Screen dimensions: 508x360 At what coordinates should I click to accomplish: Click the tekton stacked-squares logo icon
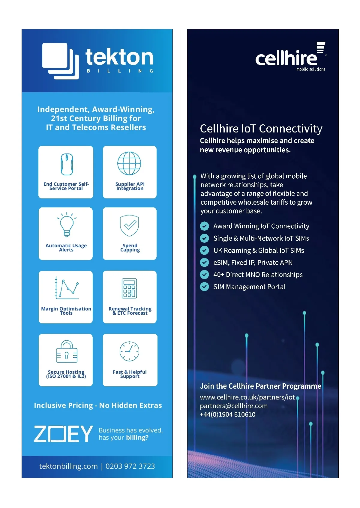click(x=60, y=61)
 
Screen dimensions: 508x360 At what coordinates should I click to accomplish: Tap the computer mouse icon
click(x=67, y=164)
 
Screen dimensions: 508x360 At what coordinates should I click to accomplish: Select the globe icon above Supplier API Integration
click(x=129, y=163)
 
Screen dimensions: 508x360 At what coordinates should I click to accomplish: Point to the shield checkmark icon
click(x=129, y=225)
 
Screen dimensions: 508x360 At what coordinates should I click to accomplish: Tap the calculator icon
click(x=129, y=288)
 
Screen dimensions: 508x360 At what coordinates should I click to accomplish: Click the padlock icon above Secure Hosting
click(x=67, y=352)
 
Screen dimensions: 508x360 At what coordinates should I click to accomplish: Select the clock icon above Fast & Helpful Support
click(x=129, y=351)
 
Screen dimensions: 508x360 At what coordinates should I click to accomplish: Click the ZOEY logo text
click(x=63, y=434)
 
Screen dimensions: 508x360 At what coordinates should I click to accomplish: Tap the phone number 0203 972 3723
click(x=130, y=466)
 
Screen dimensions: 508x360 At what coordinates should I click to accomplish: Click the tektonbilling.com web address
click(x=68, y=466)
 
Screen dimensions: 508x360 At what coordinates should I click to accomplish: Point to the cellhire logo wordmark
click(x=286, y=58)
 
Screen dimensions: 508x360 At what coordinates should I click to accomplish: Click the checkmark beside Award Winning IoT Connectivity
click(x=204, y=226)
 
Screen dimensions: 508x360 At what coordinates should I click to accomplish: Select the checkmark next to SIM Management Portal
click(x=204, y=287)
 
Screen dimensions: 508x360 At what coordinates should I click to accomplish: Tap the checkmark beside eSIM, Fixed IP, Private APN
click(x=204, y=263)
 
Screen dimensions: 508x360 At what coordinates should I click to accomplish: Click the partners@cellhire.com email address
click(x=234, y=406)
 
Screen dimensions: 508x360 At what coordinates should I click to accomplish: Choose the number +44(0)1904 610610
click(x=228, y=414)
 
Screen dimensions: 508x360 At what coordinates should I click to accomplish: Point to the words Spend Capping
click(x=130, y=248)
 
